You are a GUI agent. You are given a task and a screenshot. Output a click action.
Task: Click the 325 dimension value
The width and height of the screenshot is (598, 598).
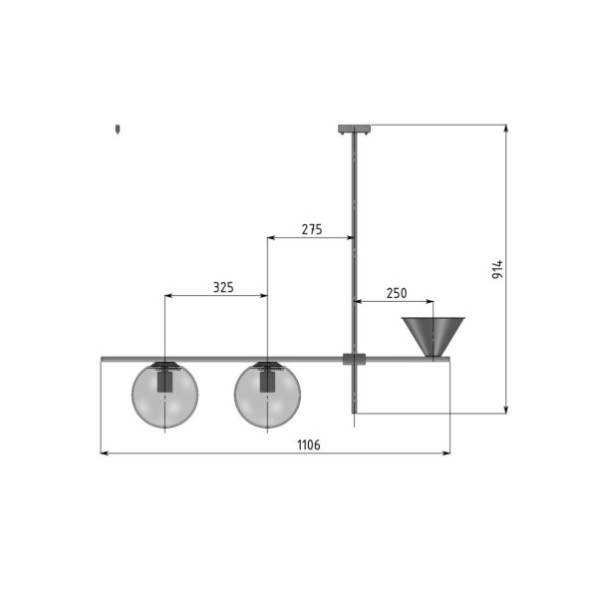click(x=223, y=287)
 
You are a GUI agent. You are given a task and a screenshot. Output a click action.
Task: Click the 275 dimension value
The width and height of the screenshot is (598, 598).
click(x=311, y=229)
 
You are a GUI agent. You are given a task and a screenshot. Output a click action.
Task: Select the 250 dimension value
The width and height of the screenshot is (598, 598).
click(x=396, y=293)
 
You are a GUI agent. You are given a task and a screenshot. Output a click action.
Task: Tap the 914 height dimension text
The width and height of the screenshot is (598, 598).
click(x=498, y=269)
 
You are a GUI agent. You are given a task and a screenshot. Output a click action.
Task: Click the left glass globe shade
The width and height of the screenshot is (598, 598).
click(x=166, y=396)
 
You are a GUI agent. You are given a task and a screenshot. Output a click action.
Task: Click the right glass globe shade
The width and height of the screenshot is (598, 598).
click(x=267, y=396)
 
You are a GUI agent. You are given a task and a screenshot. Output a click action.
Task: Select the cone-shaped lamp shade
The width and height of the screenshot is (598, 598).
click(x=432, y=337)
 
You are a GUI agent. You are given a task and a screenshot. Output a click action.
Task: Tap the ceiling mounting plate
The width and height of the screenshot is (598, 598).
click(x=354, y=128)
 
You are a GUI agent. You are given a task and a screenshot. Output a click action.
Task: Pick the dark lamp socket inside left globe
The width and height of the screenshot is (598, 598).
click(x=166, y=380)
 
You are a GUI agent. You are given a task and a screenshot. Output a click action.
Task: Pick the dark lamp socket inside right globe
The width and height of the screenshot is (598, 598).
click(x=267, y=380)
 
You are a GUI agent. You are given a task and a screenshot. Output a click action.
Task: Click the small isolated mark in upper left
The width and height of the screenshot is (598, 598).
click(x=118, y=130)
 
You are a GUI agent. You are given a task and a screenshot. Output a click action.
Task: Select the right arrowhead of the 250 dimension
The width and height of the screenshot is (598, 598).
click(x=429, y=301)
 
